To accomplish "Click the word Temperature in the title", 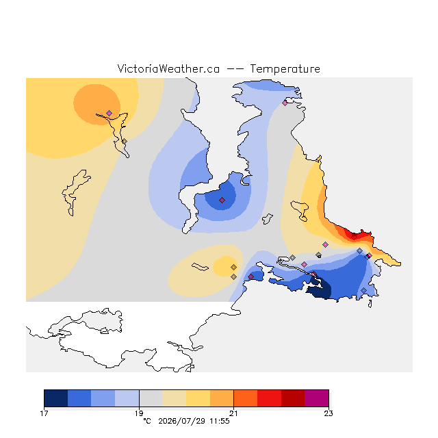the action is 285,69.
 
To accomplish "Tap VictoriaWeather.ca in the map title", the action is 168,69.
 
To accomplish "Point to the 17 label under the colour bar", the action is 44,413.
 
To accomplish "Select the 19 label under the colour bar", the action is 139,413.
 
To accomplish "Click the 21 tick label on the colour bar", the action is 233,413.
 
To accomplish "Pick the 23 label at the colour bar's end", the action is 328,413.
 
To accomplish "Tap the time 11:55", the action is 220,421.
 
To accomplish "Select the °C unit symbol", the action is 147,421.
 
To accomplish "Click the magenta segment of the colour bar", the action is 317,398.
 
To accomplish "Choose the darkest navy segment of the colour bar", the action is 56,398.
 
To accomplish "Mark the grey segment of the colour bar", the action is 151,398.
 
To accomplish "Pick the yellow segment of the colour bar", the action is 198,398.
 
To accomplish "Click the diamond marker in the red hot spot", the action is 354,237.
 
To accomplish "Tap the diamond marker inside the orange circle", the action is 109,113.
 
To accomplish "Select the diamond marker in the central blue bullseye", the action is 222,200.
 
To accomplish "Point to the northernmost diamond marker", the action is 285,103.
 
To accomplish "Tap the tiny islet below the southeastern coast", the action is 370,304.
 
